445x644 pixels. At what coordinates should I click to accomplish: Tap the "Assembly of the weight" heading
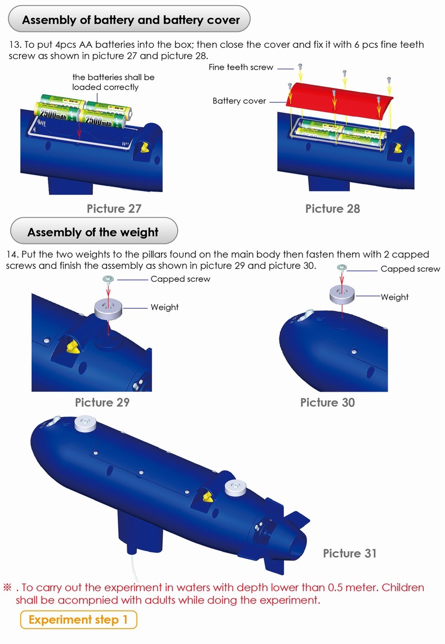[93, 232]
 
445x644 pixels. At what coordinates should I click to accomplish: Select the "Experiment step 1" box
[78, 620]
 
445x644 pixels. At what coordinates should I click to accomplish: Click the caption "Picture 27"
[114, 208]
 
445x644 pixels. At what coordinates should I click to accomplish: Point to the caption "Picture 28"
[332, 208]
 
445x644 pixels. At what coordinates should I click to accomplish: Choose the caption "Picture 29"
[102, 402]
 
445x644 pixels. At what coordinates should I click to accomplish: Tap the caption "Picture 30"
[327, 402]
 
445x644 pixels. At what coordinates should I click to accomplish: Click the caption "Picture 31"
[349, 553]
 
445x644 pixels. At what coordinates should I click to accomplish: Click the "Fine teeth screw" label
[241, 67]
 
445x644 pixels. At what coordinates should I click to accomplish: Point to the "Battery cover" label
[239, 101]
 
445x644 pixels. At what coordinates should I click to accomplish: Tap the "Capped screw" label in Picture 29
[180, 279]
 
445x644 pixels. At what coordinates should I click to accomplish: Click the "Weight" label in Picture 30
[394, 297]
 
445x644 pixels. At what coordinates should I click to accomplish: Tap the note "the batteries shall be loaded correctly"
[113, 82]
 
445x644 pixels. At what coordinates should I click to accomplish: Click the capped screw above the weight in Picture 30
[341, 268]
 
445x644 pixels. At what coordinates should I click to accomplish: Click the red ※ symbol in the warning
[8, 587]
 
